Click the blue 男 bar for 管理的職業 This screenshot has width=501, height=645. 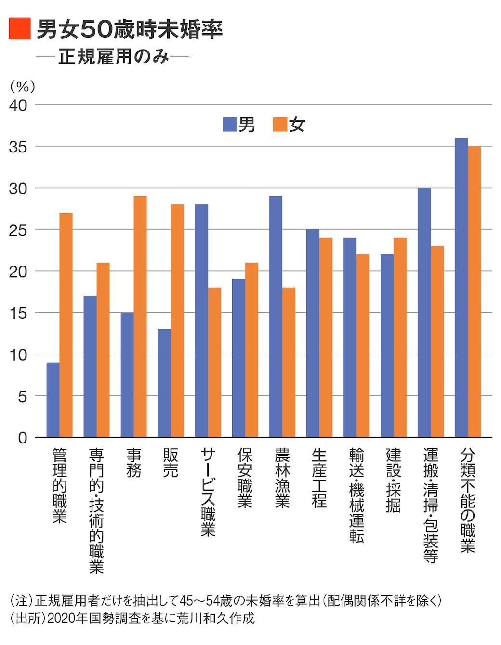pos(53,400)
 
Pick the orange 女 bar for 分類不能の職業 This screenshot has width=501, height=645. pos(475,291)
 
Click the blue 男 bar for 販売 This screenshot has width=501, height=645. pos(164,383)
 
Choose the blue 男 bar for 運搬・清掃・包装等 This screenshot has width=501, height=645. pos(424,312)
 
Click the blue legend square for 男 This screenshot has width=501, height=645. pos(230,125)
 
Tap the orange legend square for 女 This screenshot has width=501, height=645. pos(280,125)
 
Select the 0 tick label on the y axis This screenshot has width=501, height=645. pos(23,438)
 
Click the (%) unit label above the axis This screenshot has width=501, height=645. pos(23,87)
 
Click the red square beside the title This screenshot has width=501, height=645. pos(20,28)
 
